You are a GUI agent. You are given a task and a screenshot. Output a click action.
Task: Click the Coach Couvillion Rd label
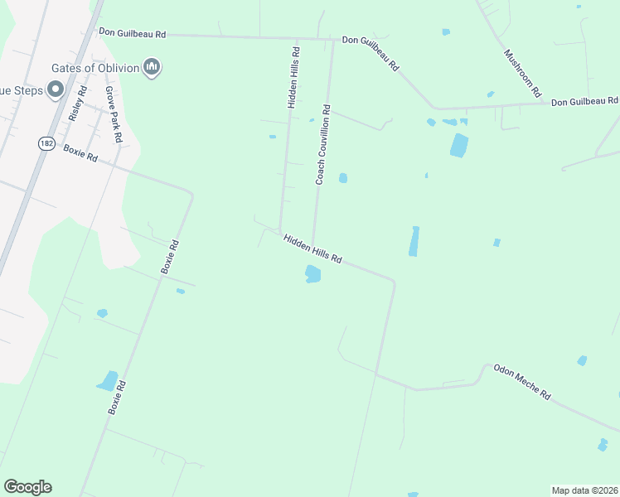pyautogui.click(x=323, y=144)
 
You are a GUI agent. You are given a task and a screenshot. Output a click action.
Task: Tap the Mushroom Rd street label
pyautogui.click(x=522, y=71)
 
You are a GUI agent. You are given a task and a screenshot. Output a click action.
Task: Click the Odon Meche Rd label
pyautogui.click(x=522, y=381)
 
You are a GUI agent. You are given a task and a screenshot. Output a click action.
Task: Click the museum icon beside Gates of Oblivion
pyautogui.click(x=151, y=67)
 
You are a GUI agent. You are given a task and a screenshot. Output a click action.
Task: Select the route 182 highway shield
pyautogui.click(x=46, y=143)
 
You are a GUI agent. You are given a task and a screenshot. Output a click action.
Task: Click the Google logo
pyautogui.click(x=28, y=486)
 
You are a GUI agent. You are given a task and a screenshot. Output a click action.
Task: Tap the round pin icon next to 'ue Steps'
pyautogui.click(x=56, y=89)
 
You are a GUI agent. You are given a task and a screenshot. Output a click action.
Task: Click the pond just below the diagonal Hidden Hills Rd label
pyautogui.click(x=312, y=273)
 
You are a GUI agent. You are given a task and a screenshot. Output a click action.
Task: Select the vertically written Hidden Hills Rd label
pyautogui.click(x=293, y=77)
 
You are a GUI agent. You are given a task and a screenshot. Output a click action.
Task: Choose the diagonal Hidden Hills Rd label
pyautogui.click(x=312, y=248)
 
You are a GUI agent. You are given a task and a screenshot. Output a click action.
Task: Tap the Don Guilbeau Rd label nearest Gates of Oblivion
pyautogui.click(x=133, y=34)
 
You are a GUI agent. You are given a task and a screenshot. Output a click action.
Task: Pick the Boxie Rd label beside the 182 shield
pyautogui.click(x=80, y=154)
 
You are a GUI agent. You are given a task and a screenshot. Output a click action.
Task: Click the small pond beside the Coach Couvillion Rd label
pyautogui.click(x=342, y=178)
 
